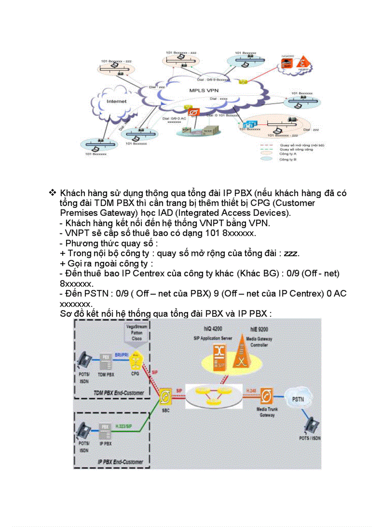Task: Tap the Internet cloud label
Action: [x=116, y=101]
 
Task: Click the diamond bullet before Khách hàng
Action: [x=53, y=193]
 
